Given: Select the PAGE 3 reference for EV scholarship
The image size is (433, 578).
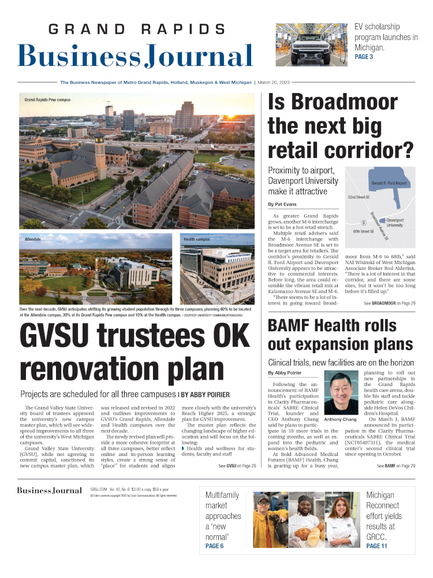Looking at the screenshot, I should click(364, 57).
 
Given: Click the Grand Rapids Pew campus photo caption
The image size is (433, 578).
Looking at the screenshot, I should click(47, 99).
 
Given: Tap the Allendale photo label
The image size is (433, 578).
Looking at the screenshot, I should click(33, 238).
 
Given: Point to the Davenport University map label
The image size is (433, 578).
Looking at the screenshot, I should click(395, 223).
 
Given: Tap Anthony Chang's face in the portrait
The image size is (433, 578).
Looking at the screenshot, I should click(341, 391).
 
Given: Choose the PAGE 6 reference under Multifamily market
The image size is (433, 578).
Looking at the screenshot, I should click(214, 546).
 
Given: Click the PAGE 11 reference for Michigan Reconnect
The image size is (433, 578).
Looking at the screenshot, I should click(376, 546).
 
